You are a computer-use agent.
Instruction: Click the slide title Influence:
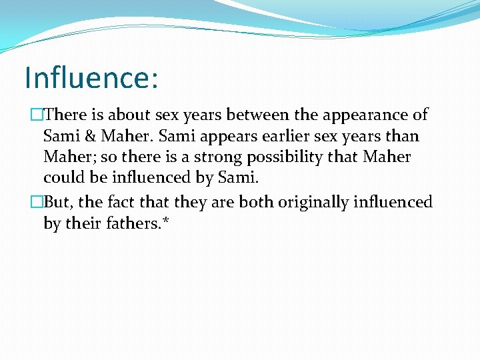[x=91, y=77]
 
